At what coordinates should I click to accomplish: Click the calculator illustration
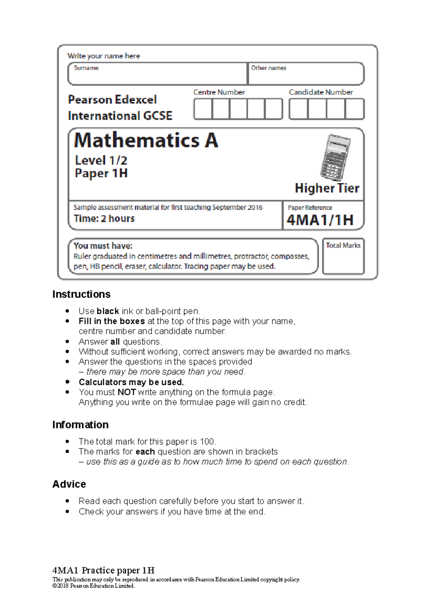335,157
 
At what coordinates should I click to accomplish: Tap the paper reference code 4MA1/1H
320,220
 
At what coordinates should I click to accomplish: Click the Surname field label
86,68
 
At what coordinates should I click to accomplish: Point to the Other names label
268,68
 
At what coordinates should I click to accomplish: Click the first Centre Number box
203,109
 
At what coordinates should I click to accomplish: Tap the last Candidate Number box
354,109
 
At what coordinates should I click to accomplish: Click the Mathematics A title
146,141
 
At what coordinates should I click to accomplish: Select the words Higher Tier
327,188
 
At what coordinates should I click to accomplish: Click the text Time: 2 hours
104,219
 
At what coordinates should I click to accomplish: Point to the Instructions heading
81,294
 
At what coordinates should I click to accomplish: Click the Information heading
80,424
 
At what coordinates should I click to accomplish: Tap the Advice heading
69,484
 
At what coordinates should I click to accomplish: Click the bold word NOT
127,392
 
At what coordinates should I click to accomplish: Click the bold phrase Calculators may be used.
131,382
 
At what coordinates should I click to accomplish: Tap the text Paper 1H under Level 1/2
101,173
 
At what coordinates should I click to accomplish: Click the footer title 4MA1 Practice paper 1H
103,570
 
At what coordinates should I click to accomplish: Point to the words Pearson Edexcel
112,100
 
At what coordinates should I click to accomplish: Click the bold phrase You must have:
103,246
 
